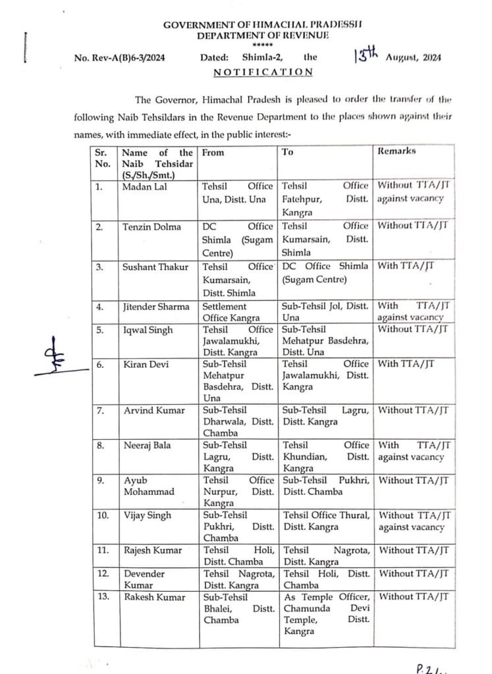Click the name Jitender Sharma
coord(155,306)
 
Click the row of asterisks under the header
coord(254,45)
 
